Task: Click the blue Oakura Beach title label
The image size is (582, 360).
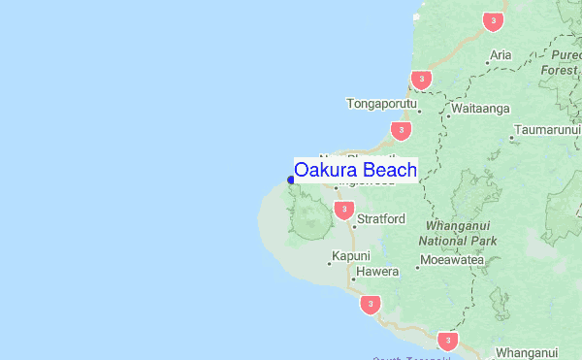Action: (355, 171)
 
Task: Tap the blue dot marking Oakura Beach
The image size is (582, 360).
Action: (290, 180)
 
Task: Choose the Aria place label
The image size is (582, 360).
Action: (501, 55)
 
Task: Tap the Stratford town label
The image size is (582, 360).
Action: (380, 219)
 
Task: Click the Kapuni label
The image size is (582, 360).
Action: (350, 256)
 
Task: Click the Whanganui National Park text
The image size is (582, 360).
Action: (458, 232)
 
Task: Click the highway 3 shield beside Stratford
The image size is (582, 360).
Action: (342, 210)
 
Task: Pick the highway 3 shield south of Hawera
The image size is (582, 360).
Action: (370, 306)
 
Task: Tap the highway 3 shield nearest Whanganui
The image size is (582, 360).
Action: (446, 341)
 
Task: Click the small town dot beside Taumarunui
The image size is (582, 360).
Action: (512, 138)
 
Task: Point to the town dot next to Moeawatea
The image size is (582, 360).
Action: (418, 262)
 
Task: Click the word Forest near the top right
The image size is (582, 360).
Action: (559, 70)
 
